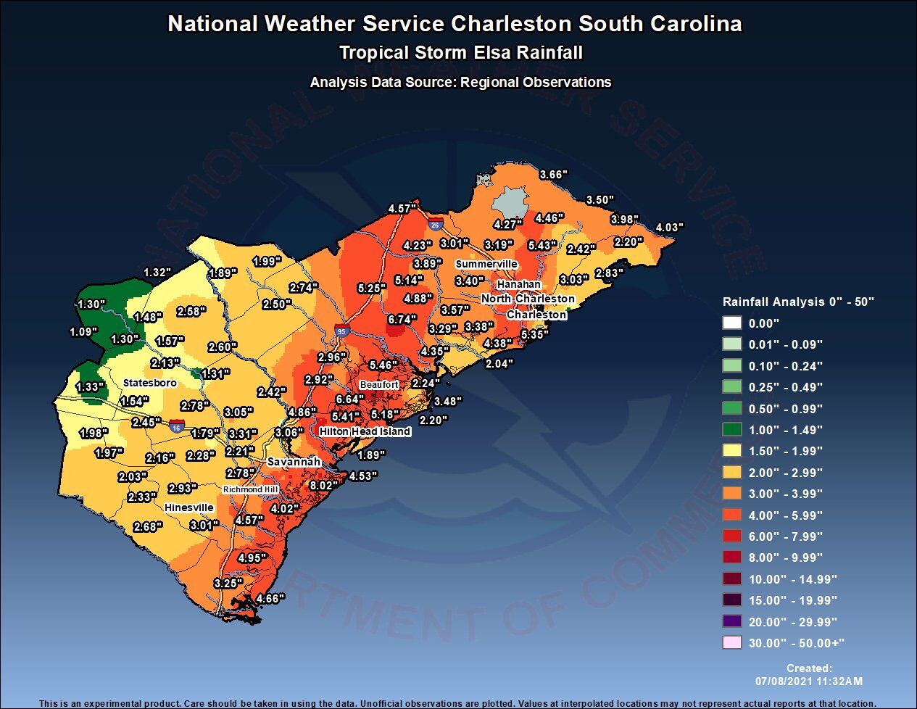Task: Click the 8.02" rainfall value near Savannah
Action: (x=324, y=485)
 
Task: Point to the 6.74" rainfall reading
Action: (x=402, y=319)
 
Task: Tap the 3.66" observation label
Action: (x=553, y=175)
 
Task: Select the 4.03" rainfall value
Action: (x=668, y=228)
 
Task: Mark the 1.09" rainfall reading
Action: (x=83, y=332)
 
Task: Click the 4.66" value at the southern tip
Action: (x=270, y=599)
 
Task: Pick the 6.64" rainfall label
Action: (x=349, y=399)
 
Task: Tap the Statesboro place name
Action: (x=149, y=383)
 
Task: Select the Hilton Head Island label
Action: (x=365, y=431)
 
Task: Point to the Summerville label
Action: (x=486, y=264)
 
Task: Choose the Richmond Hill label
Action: (x=250, y=489)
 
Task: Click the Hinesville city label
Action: (x=188, y=507)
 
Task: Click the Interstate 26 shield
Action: (x=434, y=225)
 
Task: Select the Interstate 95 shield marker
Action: (x=341, y=331)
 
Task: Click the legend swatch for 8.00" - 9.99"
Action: (x=732, y=557)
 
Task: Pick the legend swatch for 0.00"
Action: (x=732, y=323)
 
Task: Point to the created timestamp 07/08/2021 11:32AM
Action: (x=809, y=681)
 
